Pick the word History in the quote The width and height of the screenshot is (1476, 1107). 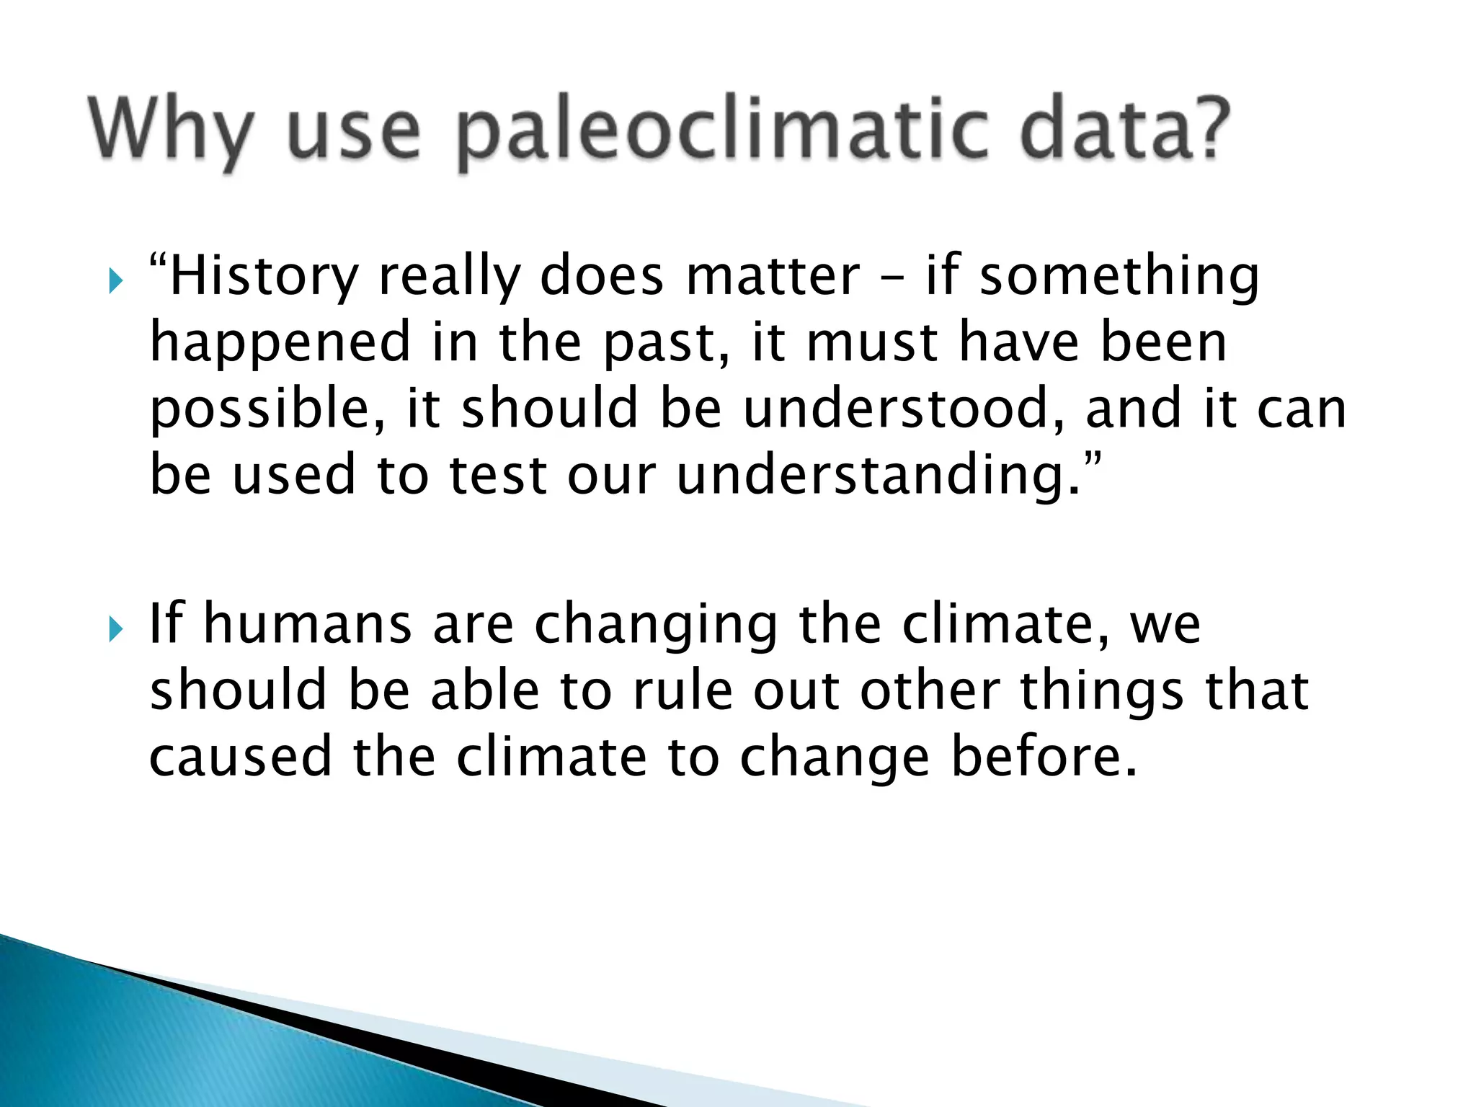(264, 277)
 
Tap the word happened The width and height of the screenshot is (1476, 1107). (280, 344)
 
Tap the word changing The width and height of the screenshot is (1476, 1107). (656, 626)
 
